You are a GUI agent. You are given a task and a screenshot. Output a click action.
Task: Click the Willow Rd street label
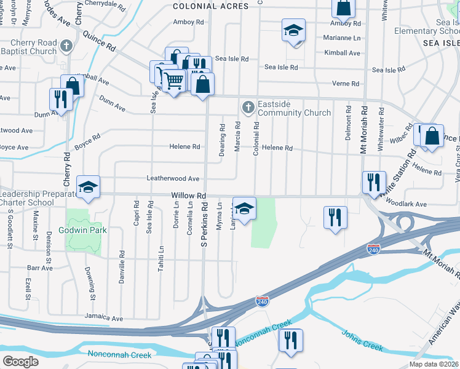pyautogui.click(x=188, y=196)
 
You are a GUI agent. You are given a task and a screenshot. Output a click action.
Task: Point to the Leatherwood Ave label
pyautogui.click(x=173, y=178)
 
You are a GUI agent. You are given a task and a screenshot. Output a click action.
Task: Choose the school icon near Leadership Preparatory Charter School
pyautogui.click(x=88, y=187)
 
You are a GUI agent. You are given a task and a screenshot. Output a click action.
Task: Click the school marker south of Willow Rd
pyautogui.click(x=245, y=209)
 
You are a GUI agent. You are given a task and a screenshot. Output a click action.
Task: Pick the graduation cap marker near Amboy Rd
pyautogui.click(x=294, y=30)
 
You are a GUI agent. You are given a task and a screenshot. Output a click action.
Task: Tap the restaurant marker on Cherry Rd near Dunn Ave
pyautogui.click(x=61, y=99)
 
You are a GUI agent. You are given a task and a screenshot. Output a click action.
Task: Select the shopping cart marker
pyautogui.click(x=173, y=79)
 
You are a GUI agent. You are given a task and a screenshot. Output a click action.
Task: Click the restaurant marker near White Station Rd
pyautogui.click(x=374, y=182)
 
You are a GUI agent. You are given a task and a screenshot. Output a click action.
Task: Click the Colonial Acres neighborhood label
pyautogui.click(x=210, y=6)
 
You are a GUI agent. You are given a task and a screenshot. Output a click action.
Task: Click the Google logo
pyautogui.click(x=20, y=362)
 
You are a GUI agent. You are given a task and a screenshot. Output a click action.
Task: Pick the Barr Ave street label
pyautogui.click(x=40, y=268)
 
